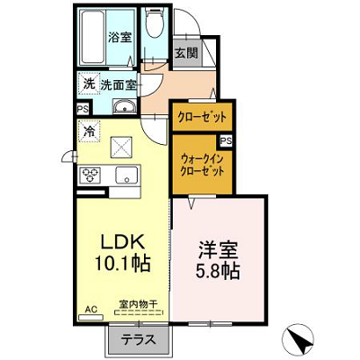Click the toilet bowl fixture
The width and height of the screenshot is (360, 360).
154,22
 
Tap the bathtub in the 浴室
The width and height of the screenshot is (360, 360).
93,37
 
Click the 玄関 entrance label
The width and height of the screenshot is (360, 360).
186,53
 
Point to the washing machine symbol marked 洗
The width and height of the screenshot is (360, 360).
88,84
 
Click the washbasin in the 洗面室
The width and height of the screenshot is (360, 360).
124,106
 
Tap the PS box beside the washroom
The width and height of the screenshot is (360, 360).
83,109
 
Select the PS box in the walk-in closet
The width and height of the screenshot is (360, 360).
227,141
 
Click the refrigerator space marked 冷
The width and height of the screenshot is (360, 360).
88,130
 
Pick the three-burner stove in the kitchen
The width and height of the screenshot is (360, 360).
90,175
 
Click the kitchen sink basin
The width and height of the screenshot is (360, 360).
127,175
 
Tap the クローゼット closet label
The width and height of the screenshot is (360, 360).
202,117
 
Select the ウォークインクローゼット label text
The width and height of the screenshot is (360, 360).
202,165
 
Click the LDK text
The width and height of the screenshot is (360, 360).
122,242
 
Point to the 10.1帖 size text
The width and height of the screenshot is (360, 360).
122,264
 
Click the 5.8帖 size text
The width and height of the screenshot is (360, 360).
217,272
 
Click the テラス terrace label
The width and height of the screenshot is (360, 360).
139,340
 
